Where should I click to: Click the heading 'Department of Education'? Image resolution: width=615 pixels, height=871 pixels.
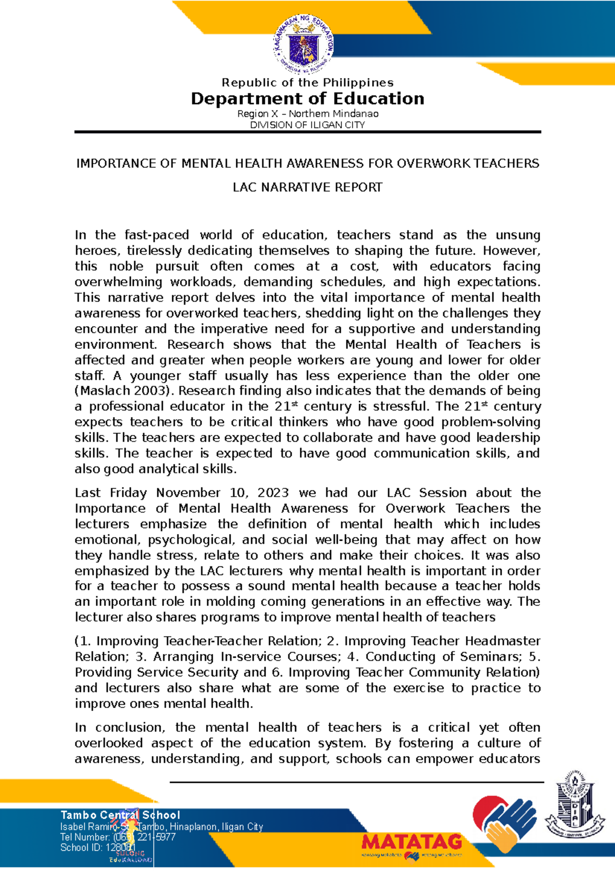[307, 98]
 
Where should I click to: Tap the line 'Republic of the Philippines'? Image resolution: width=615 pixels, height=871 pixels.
[307, 83]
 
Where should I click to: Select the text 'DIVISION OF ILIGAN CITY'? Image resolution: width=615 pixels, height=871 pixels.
[307, 125]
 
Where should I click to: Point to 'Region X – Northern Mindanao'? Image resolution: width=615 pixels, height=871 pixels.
[307, 114]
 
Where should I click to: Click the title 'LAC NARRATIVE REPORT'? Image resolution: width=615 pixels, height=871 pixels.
[307, 187]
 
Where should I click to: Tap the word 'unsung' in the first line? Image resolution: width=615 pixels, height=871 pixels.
[518, 235]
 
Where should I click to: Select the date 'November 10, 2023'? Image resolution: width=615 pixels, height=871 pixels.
[222, 493]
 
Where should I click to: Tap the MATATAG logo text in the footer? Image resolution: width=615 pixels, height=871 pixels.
[412, 842]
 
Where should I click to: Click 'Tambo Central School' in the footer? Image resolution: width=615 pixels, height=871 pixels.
[120, 815]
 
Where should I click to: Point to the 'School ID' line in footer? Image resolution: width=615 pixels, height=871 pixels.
[97, 847]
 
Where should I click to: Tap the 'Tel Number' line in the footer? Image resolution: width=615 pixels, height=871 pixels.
[117, 837]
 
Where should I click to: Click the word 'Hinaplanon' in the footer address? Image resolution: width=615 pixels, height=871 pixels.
[194, 826]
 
